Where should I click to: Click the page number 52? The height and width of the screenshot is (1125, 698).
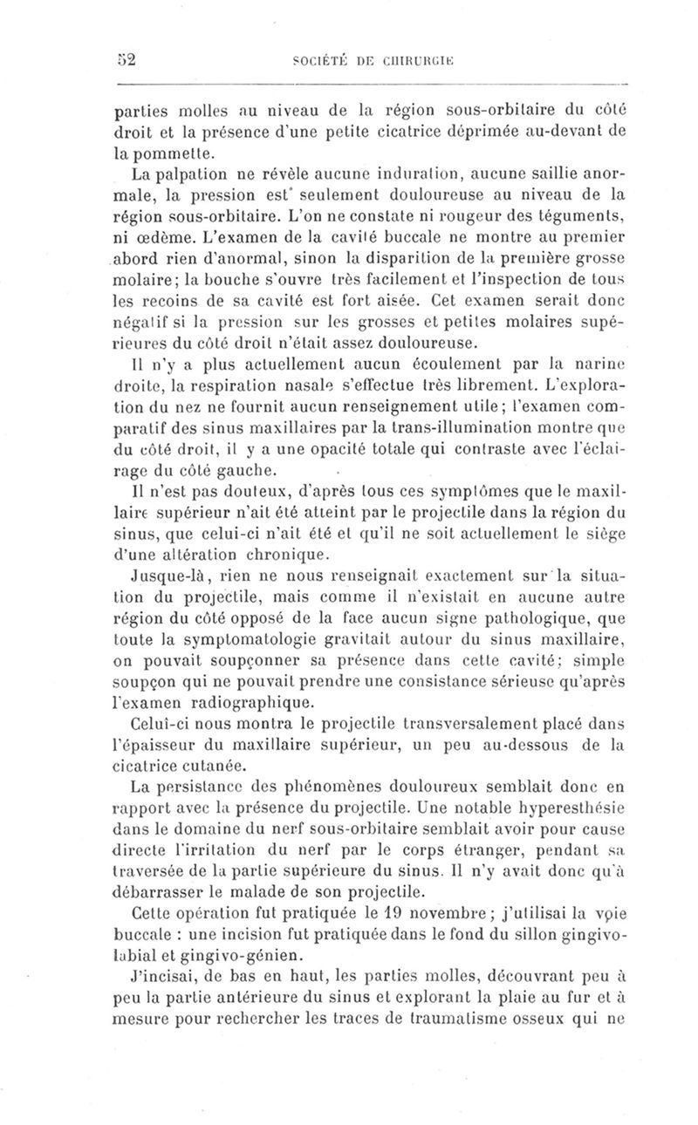(129, 59)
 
